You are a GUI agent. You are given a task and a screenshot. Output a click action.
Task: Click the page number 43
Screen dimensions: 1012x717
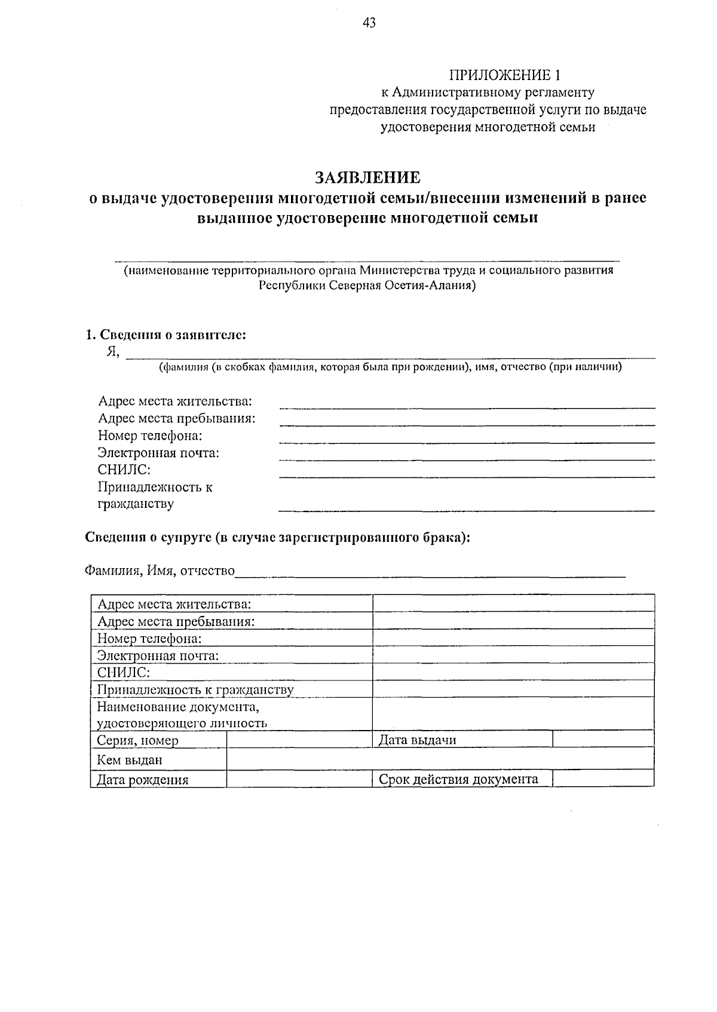point(369,23)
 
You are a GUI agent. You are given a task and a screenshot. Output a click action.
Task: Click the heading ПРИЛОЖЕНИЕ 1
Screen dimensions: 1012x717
point(505,75)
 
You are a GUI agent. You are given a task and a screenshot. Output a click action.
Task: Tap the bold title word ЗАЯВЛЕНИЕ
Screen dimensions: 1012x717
point(367,177)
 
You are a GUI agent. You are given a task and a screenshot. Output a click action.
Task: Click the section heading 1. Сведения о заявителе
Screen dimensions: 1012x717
point(166,335)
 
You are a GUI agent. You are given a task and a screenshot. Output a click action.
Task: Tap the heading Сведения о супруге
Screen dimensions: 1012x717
point(277,537)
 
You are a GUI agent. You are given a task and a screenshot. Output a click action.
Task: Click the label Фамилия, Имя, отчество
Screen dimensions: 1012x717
point(160,571)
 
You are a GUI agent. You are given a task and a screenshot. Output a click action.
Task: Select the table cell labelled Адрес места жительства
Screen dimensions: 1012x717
point(232,604)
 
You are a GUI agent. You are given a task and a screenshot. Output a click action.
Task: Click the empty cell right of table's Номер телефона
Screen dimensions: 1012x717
point(513,638)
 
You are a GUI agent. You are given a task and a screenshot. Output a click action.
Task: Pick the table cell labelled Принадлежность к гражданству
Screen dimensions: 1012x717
point(232,690)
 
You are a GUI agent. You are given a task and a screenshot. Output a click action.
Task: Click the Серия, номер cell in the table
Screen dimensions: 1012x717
point(158,740)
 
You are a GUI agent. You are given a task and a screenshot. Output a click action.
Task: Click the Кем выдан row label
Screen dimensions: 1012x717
point(158,760)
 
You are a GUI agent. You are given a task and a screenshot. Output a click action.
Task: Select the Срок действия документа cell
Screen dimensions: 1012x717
point(462,779)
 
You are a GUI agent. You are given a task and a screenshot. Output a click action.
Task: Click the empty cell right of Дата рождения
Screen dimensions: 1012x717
point(299,779)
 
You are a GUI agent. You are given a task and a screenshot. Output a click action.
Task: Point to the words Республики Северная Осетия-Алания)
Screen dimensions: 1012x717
point(367,286)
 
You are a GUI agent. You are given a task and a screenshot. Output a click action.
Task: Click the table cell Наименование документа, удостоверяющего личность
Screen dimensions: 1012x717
point(232,715)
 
